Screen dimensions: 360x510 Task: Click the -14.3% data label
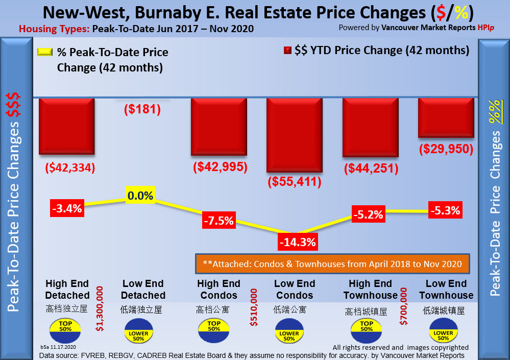297,242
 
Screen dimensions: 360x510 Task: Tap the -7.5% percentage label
218,221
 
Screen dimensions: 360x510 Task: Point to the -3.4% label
67,208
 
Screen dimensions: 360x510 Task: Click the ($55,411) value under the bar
294,181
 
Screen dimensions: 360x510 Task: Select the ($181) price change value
142,108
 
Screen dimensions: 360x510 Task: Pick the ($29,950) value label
446,149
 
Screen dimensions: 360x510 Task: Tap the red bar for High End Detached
66,126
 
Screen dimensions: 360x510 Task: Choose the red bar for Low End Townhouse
446,117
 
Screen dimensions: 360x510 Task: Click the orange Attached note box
332,264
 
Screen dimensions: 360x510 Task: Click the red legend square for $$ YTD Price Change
287,50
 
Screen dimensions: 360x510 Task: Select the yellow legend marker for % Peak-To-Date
44,52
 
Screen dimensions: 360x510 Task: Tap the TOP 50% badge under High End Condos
214,326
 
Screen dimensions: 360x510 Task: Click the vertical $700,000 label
404,306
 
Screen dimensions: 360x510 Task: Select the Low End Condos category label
295,290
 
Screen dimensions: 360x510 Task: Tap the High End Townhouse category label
370,290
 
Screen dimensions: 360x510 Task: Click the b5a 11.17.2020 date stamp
59,347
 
